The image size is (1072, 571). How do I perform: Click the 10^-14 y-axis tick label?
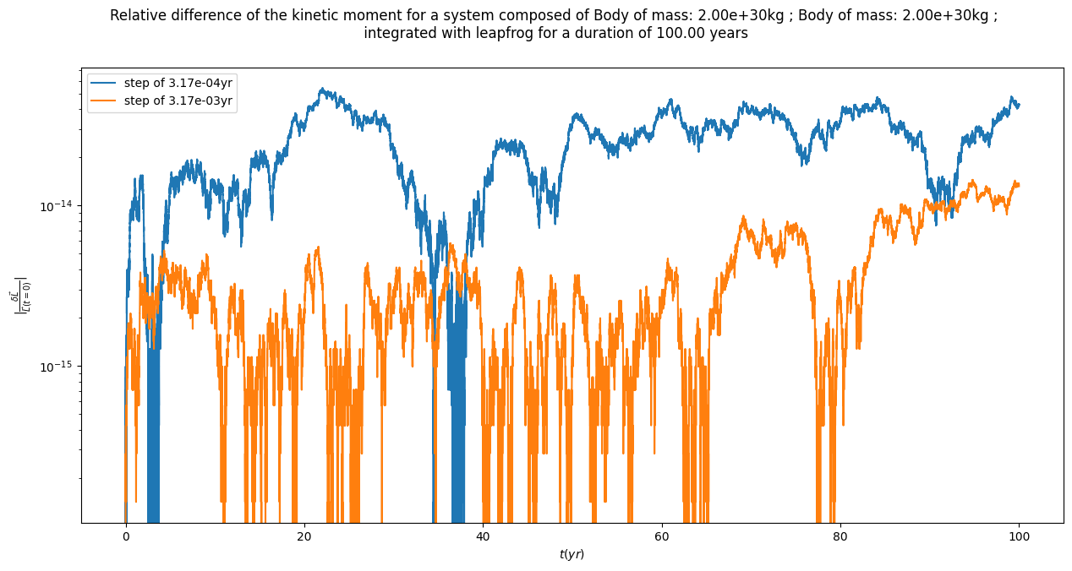click(57, 206)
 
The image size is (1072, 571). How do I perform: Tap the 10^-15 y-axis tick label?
click(57, 366)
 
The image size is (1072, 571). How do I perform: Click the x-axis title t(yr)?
click(572, 554)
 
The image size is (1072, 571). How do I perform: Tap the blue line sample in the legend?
click(106, 82)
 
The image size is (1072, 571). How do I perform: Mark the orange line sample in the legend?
click(106, 101)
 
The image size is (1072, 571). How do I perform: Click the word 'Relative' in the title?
click(138, 15)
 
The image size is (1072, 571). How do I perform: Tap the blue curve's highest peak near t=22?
click(321, 89)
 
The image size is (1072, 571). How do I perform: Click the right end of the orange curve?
click(1018, 183)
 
